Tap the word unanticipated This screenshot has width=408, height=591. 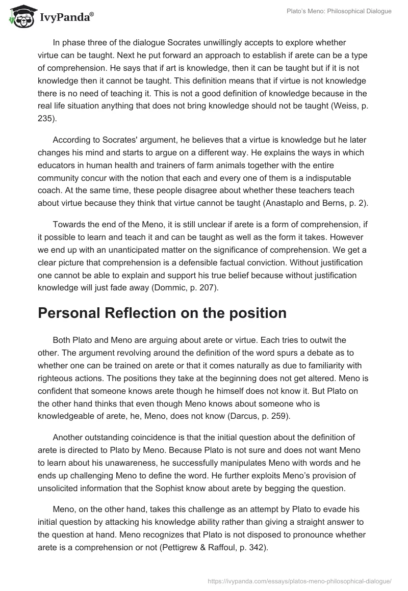[x=137, y=251]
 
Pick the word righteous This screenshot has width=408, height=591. [x=55, y=378]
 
